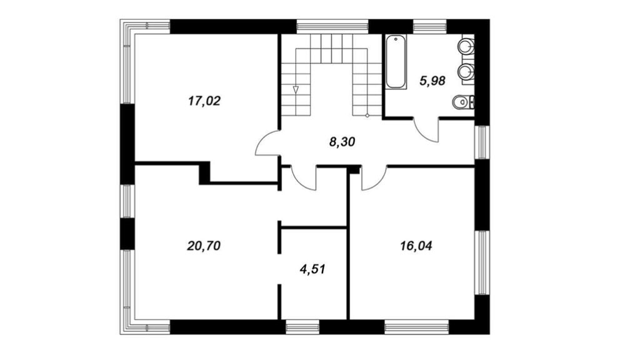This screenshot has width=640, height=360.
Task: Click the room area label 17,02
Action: [x=204, y=101]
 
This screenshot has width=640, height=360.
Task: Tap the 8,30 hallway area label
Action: [x=342, y=142]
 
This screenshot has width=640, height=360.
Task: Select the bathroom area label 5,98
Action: [x=432, y=81]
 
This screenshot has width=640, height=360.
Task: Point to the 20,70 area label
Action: [x=204, y=246]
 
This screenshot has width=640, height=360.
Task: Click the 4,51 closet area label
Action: [x=312, y=269]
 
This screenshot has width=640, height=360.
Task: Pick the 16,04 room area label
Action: [x=416, y=246]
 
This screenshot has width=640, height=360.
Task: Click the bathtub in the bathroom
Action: [x=396, y=62]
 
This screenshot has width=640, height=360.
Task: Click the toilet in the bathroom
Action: [x=464, y=102]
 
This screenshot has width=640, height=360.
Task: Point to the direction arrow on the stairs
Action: [x=296, y=90]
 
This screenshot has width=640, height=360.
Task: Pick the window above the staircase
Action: [x=332, y=26]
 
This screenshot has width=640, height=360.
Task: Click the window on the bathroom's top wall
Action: [x=430, y=26]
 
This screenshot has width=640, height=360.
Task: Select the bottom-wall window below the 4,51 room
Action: [x=302, y=327]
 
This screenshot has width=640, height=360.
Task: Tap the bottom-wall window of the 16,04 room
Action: [x=417, y=327]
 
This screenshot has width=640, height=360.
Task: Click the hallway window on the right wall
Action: [x=482, y=142]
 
